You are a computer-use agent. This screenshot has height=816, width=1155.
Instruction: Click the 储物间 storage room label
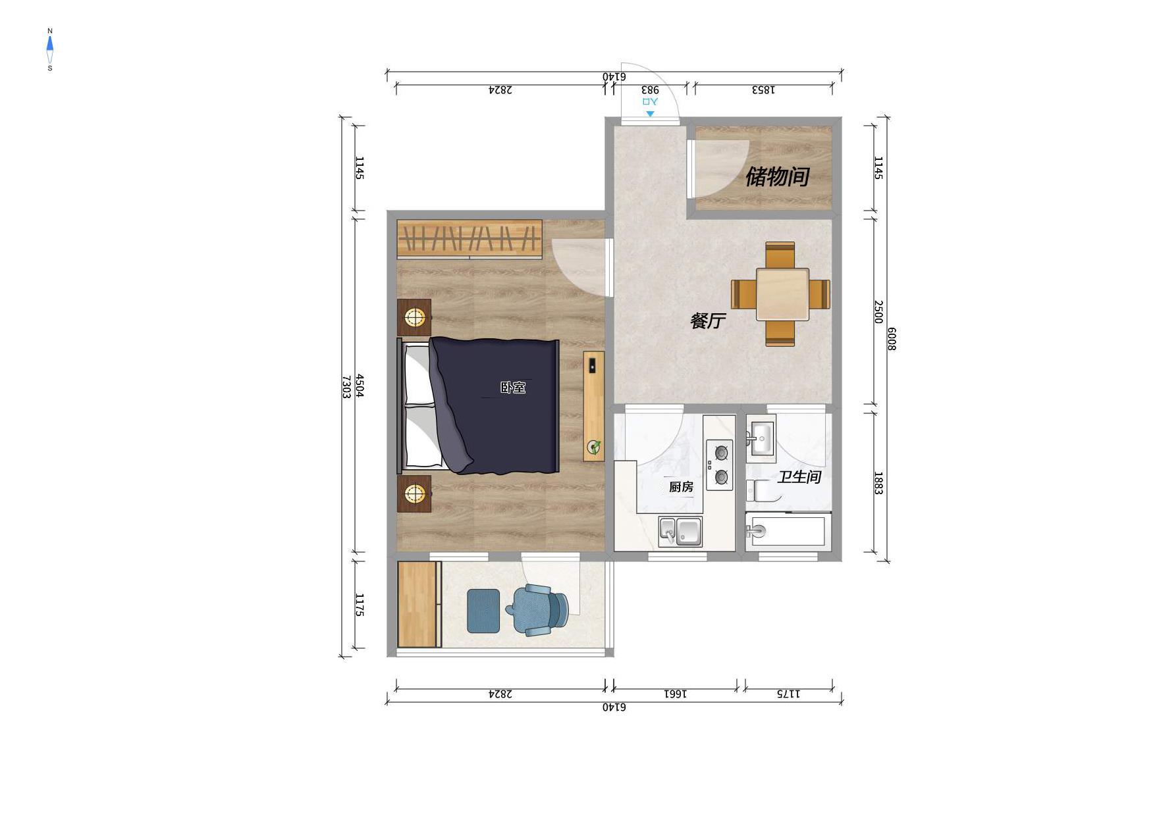[777, 176]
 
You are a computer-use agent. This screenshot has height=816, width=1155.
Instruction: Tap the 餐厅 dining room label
[708, 320]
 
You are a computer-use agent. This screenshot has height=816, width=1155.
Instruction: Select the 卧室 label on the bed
[513, 388]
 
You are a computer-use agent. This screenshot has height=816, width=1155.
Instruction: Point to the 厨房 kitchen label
[681, 487]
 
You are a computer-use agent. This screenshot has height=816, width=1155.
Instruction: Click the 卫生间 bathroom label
[799, 476]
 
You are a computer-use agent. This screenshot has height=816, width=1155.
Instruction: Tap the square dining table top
[782, 294]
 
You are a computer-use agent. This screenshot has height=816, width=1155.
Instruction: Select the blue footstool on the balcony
[483, 611]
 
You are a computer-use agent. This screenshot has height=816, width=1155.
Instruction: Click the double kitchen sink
[680, 531]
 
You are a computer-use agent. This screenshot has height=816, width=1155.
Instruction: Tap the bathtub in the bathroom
[786, 531]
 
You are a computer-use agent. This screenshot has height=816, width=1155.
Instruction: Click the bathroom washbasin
[761, 436]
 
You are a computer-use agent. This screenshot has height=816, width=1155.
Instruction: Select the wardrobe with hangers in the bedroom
[470, 238]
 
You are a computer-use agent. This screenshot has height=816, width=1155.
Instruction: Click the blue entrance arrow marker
[650, 114]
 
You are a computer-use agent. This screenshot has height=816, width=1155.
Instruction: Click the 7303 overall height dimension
[345, 387]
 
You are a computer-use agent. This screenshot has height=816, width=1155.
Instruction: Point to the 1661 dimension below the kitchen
[675, 694]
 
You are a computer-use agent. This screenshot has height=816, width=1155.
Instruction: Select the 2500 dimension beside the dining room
[878, 312]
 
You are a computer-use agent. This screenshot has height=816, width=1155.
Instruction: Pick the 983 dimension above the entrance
[650, 89]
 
